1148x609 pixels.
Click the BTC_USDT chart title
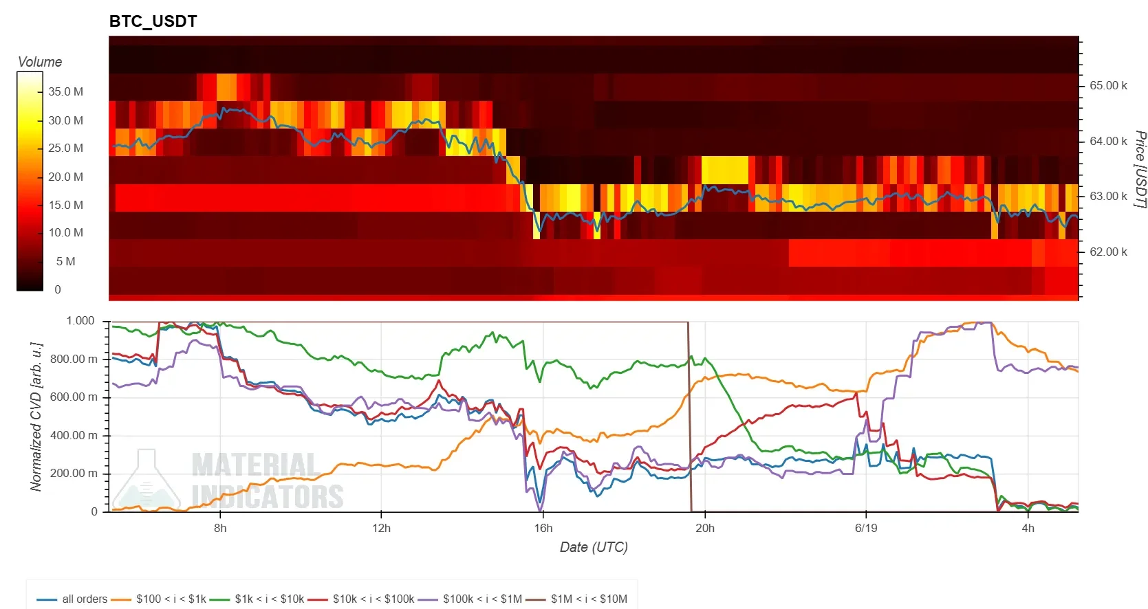[x=153, y=21]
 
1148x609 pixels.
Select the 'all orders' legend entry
[x=72, y=599]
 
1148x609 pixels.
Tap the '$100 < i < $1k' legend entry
[x=158, y=599]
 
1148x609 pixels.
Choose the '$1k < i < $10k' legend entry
[x=257, y=599]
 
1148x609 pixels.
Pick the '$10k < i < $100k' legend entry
[x=360, y=599]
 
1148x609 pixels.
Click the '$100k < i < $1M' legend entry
[x=470, y=599]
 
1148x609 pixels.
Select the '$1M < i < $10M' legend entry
[x=576, y=599]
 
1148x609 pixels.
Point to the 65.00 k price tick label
[x=1108, y=85]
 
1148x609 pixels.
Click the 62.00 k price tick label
[x=1108, y=252]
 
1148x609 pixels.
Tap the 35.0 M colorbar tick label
[x=65, y=91]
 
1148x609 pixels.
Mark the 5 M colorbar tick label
[x=65, y=261]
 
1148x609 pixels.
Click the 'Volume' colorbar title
[x=40, y=62]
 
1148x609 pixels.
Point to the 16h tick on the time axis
[x=543, y=528]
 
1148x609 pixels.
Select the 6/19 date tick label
[x=866, y=528]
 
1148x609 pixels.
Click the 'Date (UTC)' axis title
[x=594, y=547]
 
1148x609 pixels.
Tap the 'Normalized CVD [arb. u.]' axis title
[x=36, y=417]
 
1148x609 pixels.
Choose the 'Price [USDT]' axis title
[x=1140, y=169]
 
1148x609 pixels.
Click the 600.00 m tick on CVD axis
[x=74, y=397]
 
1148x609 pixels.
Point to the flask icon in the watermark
[x=147, y=479]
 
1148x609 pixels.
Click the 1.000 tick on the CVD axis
[x=80, y=320]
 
